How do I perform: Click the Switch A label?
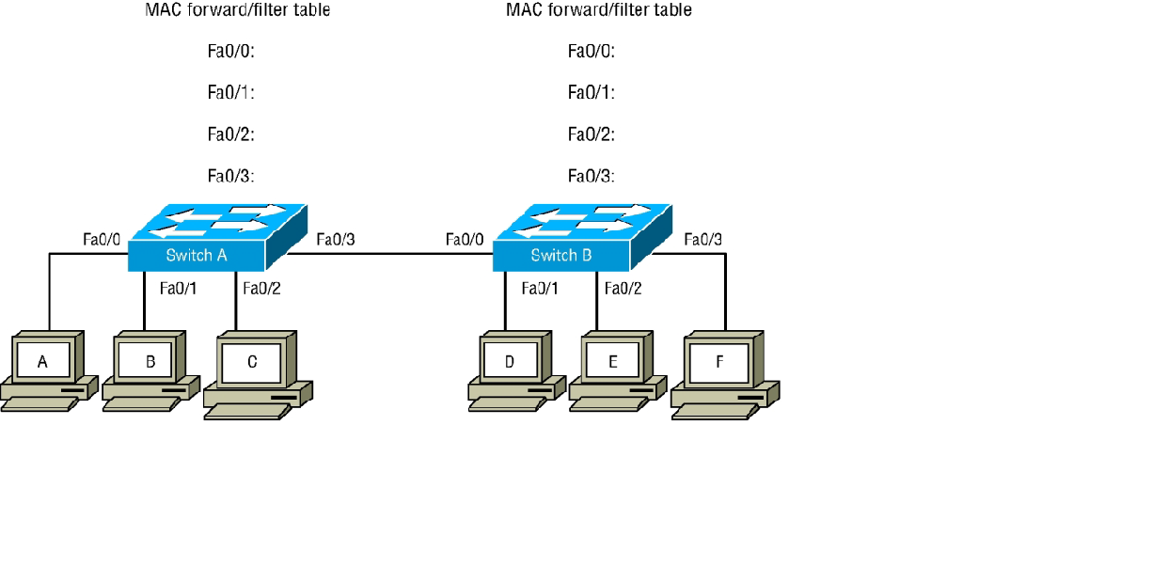(197, 255)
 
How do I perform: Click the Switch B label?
(561, 255)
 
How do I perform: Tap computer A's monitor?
(42, 360)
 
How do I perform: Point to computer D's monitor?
(510, 360)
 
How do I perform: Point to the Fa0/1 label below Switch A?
(179, 288)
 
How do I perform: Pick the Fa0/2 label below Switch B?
(623, 288)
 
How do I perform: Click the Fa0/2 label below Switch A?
(261, 288)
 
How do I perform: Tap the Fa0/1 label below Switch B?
(540, 288)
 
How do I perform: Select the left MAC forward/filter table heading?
(237, 10)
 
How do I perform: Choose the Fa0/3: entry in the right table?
(591, 176)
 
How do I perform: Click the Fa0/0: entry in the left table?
(231, 51)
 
